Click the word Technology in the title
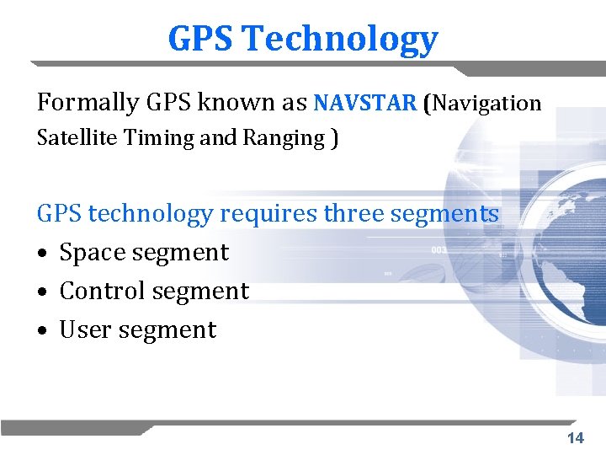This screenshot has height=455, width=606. click(x=341, y=40)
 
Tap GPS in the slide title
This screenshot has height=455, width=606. click(x=202, y=39)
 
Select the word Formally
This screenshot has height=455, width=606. click(x=88, y=103)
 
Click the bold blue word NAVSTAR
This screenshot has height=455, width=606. click(x=364, y=103)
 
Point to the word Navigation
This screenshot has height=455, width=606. click(x=487, y=104)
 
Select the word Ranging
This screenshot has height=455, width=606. click(x=273, y=138)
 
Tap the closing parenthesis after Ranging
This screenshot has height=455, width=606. click(x=334, y=138)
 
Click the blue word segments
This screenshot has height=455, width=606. click(x=445, y=214)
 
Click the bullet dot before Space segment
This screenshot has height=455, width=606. click(x=42, y=254)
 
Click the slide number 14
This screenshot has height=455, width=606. click(x=576, y=438)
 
